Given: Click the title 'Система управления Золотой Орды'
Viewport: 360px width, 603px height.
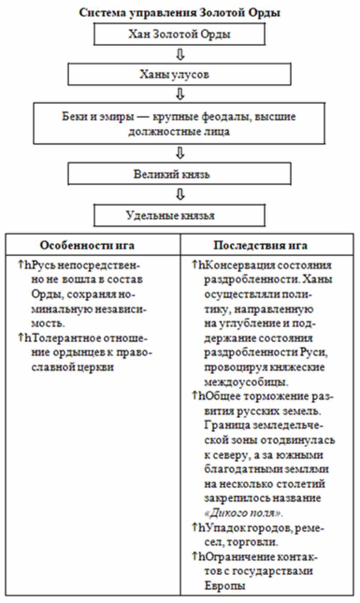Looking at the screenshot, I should [x=180, y=12].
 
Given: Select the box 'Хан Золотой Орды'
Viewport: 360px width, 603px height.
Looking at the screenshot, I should [x=179, y=34].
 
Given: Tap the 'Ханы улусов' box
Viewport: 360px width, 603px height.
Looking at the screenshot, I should [x=179, y=74].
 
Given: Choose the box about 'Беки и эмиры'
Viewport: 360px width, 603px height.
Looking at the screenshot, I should [x=179, y=124].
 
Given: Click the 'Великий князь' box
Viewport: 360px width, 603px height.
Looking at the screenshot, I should [x=179, y=174].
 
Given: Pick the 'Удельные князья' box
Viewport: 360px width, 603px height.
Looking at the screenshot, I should [x=179, y=216].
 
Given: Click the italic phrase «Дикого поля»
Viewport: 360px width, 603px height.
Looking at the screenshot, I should [x=244, y=513].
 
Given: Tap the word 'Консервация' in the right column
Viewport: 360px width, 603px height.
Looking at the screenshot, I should [x=237, y=266].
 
